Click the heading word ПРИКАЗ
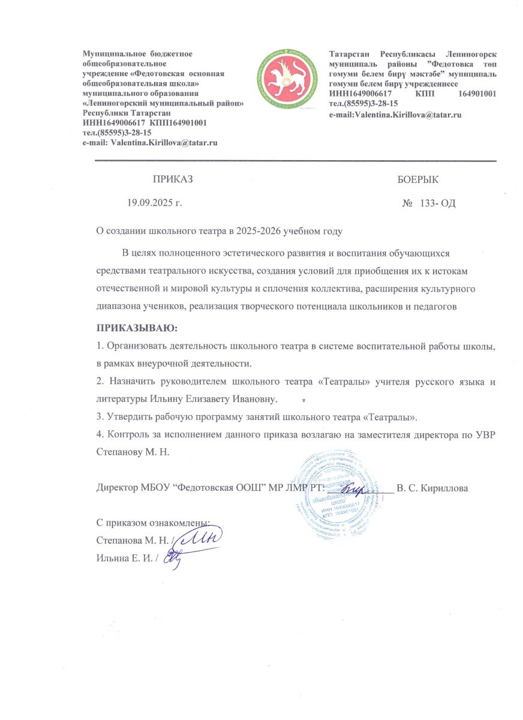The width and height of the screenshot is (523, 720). [173, 179]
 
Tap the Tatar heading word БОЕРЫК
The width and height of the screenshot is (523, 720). [418, 179]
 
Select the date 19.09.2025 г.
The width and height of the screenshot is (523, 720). [155, 203]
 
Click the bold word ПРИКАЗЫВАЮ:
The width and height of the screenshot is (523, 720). [137, 329]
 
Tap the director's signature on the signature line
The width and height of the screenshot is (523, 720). [356, 489]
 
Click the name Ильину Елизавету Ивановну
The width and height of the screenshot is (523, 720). [218, 399]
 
